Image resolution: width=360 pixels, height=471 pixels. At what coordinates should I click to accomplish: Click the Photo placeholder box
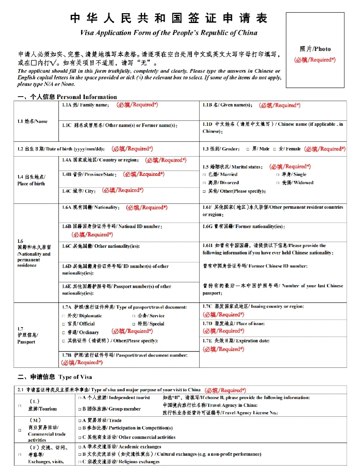tap(315, 50)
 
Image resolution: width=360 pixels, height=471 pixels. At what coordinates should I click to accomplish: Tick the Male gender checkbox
tap(248, 149)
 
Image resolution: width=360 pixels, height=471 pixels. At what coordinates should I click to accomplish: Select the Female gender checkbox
tap(274, 149)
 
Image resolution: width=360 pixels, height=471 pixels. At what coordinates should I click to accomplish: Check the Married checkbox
tap(204, 175)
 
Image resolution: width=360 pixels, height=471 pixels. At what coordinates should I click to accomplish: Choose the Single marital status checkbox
tap(278, 175)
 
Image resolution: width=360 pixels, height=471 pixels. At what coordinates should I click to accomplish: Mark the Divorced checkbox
tap(204, 183)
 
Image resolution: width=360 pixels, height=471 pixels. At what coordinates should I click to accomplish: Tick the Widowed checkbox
tap(278, 183)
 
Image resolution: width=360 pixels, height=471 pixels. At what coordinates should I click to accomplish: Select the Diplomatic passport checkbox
tap(63, 316)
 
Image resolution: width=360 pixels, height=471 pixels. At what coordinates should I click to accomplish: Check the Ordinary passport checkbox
tap(63, 332)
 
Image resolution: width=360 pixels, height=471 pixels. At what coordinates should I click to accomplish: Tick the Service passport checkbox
tap(134, 316)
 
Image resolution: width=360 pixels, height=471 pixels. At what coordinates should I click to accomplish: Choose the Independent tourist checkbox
tap(79, 398)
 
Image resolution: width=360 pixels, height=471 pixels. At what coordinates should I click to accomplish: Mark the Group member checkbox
tap(79, 409)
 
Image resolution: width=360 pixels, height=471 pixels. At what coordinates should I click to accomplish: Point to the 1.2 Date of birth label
tap(61, 149)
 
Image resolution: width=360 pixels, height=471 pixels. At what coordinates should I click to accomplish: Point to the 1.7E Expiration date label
tap(236, 341)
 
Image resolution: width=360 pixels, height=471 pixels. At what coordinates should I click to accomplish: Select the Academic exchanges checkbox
tap(79, 447)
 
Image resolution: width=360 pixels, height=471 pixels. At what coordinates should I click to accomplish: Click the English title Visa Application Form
tap(169, 33)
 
